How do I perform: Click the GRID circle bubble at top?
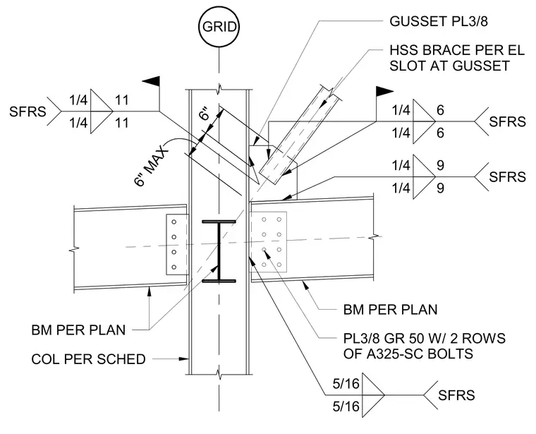[x=219, y=27]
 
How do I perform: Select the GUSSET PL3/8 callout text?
[x=439, y=22]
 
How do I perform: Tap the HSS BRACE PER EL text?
[x=457, y=50]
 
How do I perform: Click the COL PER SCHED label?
[x=89, y=359]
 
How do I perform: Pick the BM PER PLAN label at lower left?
[x=78, y=330]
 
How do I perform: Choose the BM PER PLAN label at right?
[x=391, y=310]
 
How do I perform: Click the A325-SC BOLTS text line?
[x=408, y=354]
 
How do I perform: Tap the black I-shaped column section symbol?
[x=219, y=251]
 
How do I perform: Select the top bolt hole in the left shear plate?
[x=174, y=222]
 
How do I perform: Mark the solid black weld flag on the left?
[x=152, y=81]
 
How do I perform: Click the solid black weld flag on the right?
[x=384, y=91]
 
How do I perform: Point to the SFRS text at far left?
[x=28, y=111]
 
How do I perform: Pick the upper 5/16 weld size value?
[x=346, y=384]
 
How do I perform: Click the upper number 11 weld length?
[x=122, y=100]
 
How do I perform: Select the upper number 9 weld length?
[x=441, y=166]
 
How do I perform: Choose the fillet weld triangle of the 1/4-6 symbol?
[x=424, y=121]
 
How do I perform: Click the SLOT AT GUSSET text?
[x=449, y=66]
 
